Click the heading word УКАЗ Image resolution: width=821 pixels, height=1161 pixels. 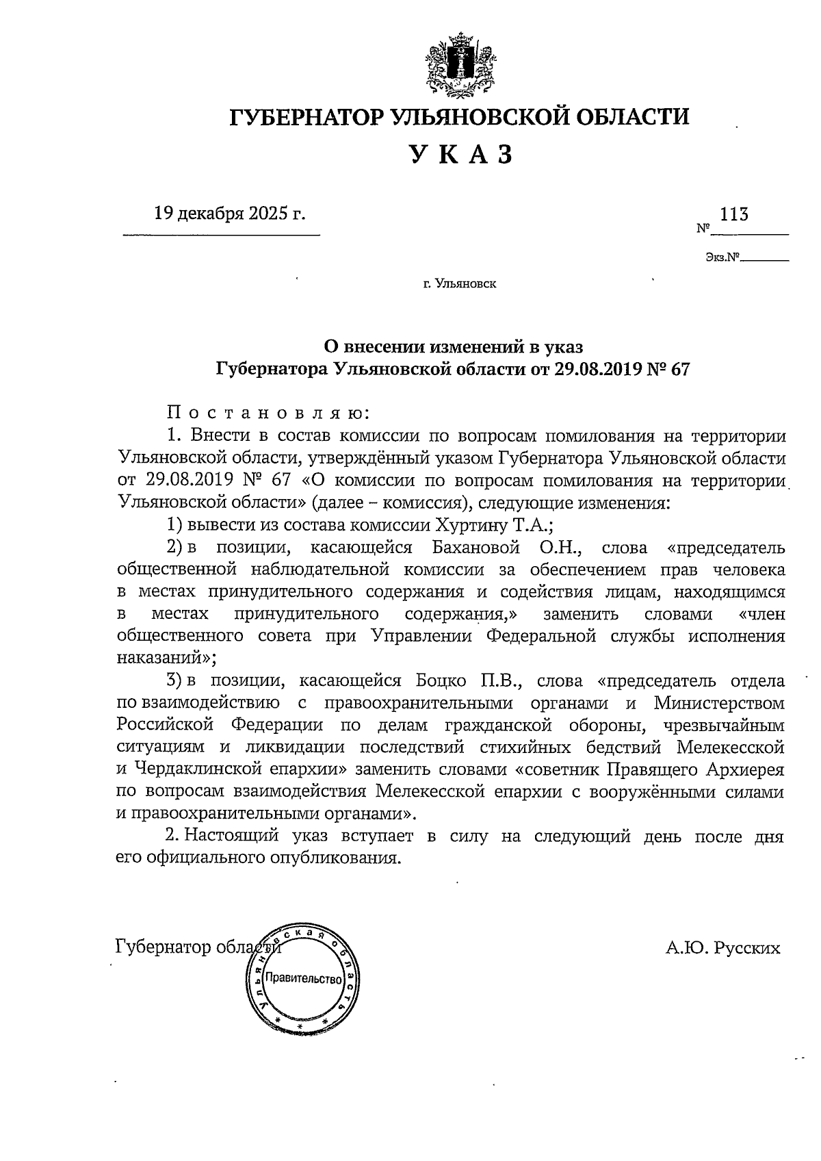point(460,155)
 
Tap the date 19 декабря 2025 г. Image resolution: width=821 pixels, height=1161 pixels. point(230,214)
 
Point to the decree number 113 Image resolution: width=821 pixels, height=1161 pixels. point(733,214)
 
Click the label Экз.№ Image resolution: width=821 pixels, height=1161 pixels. point(723,259)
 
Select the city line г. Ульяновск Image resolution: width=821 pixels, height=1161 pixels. point(459,283)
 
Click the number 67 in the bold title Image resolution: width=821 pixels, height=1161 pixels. point(679,370)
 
